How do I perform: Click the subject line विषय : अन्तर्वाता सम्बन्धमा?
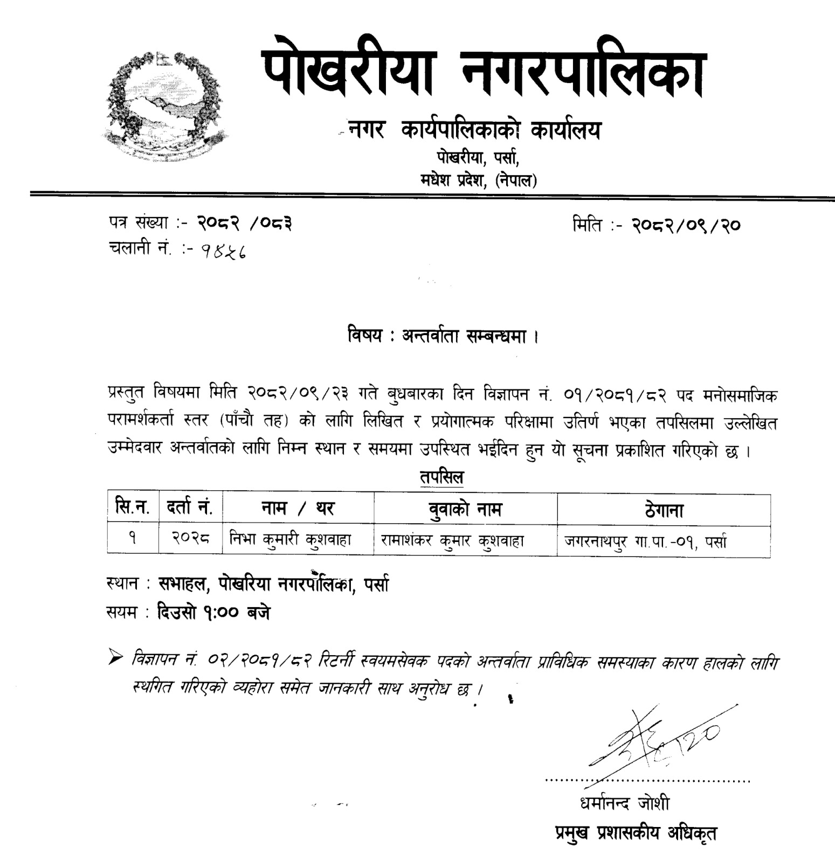443,337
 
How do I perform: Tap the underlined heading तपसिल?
441,478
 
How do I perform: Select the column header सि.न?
133,508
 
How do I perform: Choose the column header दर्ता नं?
190,508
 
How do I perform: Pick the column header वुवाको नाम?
465,509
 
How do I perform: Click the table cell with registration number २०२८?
190,539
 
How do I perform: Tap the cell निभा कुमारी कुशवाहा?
291,539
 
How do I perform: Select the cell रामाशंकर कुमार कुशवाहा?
452,540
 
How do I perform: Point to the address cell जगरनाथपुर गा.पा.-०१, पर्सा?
645,541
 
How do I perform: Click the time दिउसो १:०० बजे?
213,613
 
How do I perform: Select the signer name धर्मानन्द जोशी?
624,803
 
